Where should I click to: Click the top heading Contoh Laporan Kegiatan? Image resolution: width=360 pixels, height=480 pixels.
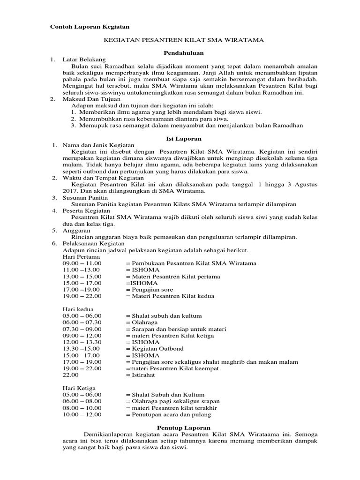coord(90,26)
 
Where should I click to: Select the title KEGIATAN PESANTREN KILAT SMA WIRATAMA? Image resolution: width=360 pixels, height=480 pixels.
coord(183,41)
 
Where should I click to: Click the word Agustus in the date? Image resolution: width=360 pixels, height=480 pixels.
coord(306,185)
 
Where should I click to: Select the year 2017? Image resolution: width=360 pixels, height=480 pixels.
coord(70,191)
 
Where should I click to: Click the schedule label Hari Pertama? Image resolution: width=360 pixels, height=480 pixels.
coord(81,257)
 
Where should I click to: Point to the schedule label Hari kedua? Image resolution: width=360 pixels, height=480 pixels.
coord(78,309)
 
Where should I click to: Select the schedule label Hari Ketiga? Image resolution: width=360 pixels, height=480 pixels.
coord(79,388)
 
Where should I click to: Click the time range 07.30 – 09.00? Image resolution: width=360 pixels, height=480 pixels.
coord(82,329)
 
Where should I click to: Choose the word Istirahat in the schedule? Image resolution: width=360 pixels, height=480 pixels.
coord(140,375)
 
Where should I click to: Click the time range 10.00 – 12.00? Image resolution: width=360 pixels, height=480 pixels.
coord(82,414)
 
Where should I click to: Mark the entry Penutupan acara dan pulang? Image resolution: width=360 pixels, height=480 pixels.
coord(168,414)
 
